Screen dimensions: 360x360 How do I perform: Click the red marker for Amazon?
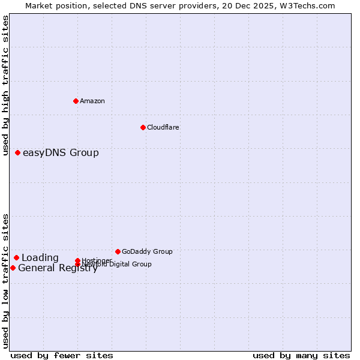76,101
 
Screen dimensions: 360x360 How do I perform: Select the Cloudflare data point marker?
143,127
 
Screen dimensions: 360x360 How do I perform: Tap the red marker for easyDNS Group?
18,153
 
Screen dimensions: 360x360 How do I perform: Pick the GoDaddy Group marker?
118,251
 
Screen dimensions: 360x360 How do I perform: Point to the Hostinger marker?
77,260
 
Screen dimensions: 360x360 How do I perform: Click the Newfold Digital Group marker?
77,265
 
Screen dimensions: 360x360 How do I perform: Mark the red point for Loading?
16,258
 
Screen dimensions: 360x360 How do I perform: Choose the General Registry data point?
13,268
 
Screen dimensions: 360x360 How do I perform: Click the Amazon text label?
92,101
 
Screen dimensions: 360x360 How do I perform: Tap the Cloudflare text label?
163,127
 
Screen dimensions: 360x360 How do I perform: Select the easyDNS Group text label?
61,153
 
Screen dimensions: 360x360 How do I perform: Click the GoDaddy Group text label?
147,251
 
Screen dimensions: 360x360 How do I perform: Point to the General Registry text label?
58,268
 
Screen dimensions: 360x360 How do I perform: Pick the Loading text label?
40,258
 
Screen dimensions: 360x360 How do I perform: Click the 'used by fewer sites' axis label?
62,355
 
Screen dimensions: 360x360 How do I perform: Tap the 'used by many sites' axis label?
301,355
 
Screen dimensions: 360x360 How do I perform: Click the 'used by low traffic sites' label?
5,281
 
